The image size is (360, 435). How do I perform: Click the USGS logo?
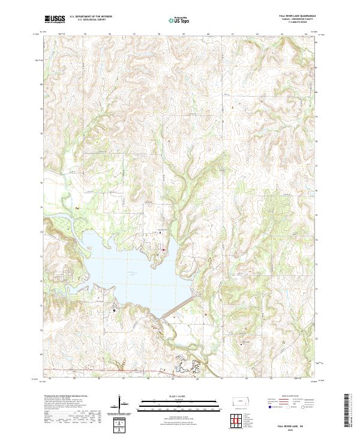[55, 19]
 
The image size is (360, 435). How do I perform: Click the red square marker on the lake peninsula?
[162, 250]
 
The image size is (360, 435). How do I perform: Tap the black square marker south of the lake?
[113, 310]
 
